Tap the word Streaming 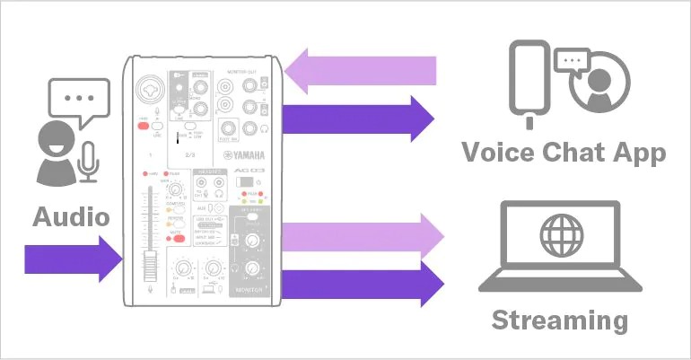560,320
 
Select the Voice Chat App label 564,152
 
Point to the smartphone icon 532,79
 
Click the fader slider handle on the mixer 151,265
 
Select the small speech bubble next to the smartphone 571,60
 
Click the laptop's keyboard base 560,281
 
